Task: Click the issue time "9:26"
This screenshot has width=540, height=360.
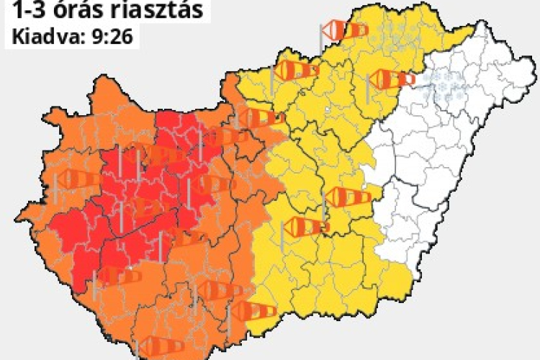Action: coord(108,36)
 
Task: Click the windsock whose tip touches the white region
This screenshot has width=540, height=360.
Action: coord(393,79)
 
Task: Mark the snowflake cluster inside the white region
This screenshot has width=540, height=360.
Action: coord(441,85)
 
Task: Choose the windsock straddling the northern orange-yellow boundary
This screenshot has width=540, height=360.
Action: coord(262,117)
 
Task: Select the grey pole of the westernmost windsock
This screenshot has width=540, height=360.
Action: coord(55,189)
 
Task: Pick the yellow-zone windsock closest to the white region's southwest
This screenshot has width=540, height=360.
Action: coord(348,197)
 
